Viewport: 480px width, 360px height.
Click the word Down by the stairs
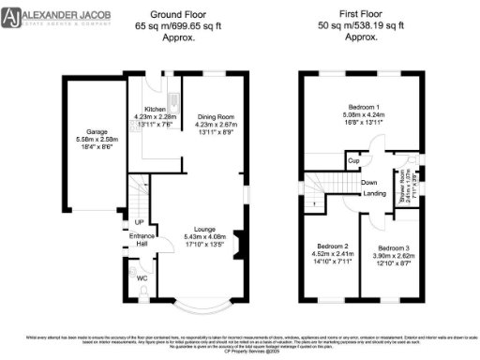point(369,182)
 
